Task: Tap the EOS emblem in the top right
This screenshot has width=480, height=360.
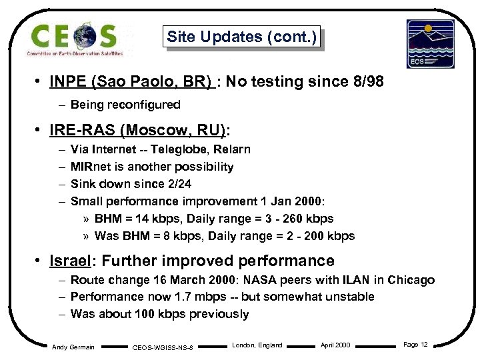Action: tap(430, 43)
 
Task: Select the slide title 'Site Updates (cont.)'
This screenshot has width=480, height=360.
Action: tap(241, 37)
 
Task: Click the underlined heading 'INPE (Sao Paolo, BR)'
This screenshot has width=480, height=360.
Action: tap(131, 82)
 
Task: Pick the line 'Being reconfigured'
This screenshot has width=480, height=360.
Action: tap(125, 105)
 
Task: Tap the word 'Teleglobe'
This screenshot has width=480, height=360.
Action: tap(186, 149)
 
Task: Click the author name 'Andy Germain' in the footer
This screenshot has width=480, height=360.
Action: tap(73, 346)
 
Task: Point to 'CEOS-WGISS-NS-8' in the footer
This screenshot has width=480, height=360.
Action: tap(163, 347)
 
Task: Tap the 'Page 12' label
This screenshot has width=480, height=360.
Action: tap(415, 345)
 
